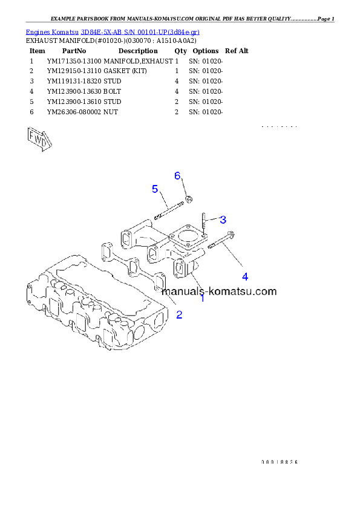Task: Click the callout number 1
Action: [x=202, y=297]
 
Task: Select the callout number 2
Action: [x=179, y=314]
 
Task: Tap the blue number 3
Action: [x=223, y=219]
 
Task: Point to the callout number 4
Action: [x=245, y=276]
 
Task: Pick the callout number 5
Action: [x=155, y=189]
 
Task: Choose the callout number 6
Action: [x=177, y=175]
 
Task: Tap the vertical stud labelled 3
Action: [x=206, y=224]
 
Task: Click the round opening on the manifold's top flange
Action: [x=185, y=236]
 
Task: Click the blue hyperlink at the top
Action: [x=113, y=31]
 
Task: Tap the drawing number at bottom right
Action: [x=280, y=461]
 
